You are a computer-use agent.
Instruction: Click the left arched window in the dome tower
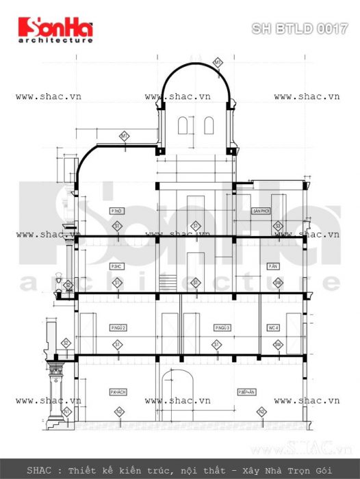(183, 125)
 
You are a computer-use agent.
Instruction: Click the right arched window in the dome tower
(209, 125)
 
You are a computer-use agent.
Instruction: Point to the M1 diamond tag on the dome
(218, 63)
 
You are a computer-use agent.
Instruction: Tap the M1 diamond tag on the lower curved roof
(125, 136)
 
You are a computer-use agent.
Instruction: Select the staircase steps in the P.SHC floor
(166, 283)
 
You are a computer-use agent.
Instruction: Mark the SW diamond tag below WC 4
(279, 345)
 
